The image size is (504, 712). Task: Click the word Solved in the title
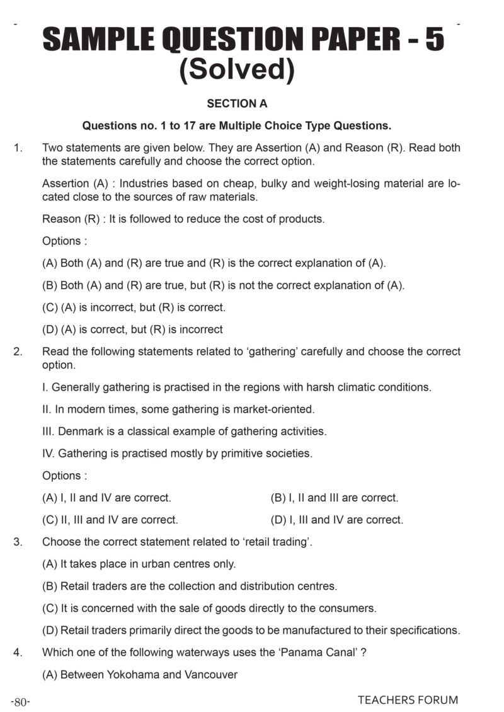pyautogui.click(x=237, y=69)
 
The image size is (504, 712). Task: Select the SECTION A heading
pyautogui.click(x=237, y=103)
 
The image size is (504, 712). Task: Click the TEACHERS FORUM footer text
pyautogui.click(x=408, y=700)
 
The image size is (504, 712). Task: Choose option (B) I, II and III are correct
pyautogui.click(x=334, y=498)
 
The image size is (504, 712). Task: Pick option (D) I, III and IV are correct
pyautogui.click(x=336, y=520)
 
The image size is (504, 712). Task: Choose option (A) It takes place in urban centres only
pyautogui.click(x=139, y=564)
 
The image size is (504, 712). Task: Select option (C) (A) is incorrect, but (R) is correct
pyautogui.click(x=134, y=307)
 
